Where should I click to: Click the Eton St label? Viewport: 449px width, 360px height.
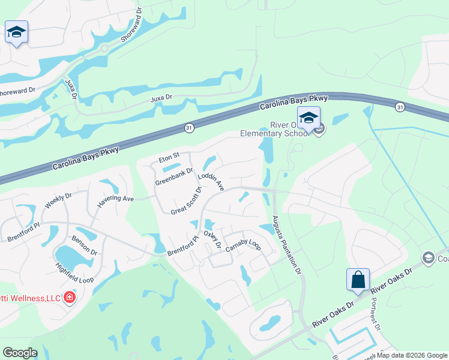coord(169,157)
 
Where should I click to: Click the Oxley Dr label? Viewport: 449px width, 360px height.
coord(212,240)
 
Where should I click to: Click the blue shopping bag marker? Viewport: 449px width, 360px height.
coord(358,280)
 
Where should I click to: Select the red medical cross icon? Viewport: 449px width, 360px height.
coord(70,298)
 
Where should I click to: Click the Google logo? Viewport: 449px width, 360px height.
coord(20,352)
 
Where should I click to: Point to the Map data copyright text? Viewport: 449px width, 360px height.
coord(411,355)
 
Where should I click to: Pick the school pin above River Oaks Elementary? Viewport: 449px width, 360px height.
coord(309,118)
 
